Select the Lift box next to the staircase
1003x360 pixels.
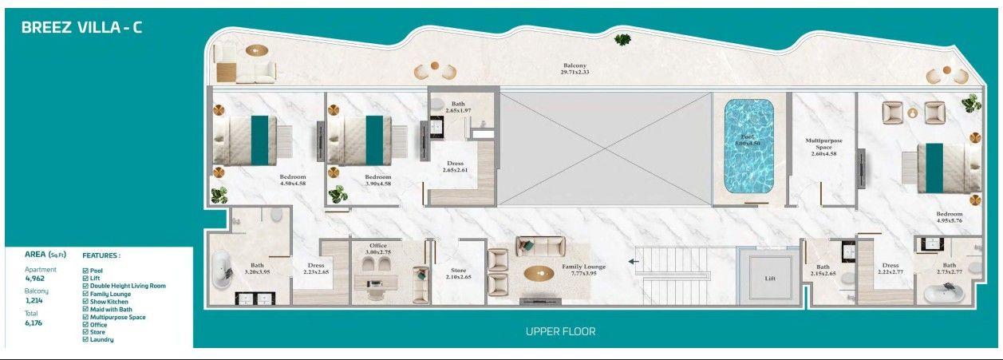[x=769, y=277]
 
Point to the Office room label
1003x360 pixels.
[x=378, y=248]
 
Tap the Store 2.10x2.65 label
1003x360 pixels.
[x=459, y=273]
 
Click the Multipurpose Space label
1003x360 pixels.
[x=823, y=147]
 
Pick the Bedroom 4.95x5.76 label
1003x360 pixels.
[x=950, y=218]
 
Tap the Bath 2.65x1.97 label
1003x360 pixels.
[x=458, y=107]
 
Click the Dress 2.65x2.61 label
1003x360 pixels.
[x=455, y=167]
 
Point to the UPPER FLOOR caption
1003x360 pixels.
[x=560, y=331]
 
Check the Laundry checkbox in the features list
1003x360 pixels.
[x=86, y=339]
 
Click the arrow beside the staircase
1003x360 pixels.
[x=635, y=260]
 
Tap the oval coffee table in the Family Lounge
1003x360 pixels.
[x=539, y=272]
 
